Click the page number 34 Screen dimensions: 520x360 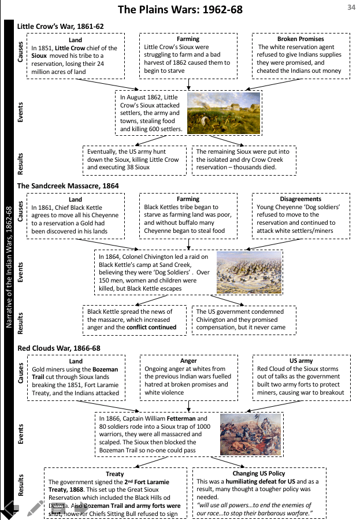pyautogui.click(x=351, y=7)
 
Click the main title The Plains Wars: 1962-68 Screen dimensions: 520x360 pyautogui.click(x=180, y=10)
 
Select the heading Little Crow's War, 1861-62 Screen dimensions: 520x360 pyautogui.click(x=61, y=27)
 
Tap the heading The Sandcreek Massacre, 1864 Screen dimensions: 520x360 pyautogui.click(x=68, y=185)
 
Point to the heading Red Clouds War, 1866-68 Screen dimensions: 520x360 pyautogui.click(x=59, y=348)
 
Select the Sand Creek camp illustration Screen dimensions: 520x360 pyautogui.click(x=249, y=273)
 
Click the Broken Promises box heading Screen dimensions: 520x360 pyautogui.click(x=301, y=39)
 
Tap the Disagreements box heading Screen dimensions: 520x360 pyautogui.click(x=301, y=199)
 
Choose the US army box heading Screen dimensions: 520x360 pyautogui.click(x=301, y=361)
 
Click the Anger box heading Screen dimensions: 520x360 pyautogui.click(x=188, y=361)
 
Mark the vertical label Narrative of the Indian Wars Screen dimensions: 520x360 pyautogui.click(x=9, y=267)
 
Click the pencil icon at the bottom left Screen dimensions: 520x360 pyautogui.click(x=35, y=508)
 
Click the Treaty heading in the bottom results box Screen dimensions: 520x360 pyautogui.click(x=115, y=474)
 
